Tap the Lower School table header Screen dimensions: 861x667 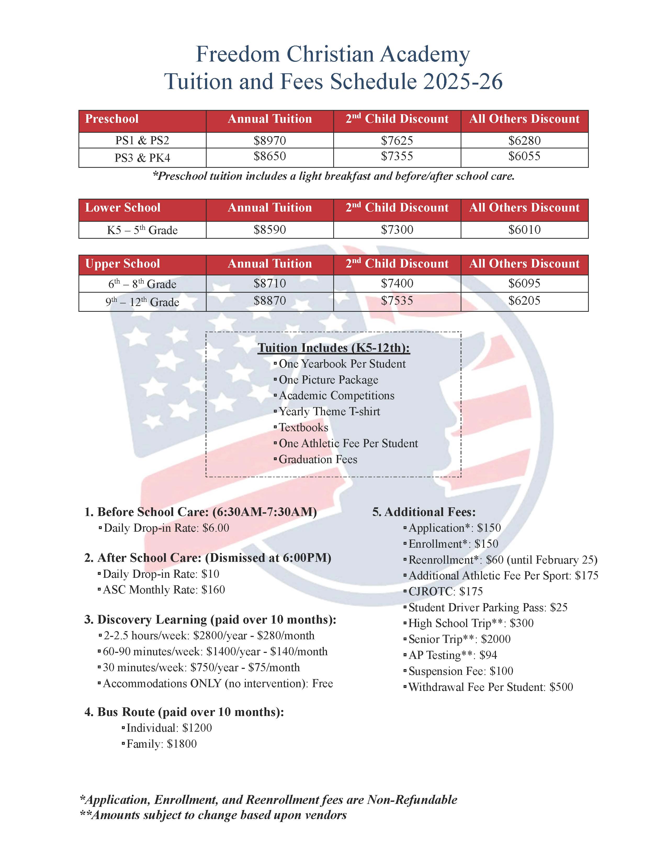[x=123, y=208]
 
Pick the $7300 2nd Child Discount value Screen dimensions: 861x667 [x=397, y=230]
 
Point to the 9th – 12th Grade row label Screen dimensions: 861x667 [x=142, y=302]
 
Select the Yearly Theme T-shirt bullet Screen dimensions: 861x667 [x=329, y=412]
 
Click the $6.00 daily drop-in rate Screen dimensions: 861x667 [x=216, y=528]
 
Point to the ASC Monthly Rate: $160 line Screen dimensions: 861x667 [x=163, y=590]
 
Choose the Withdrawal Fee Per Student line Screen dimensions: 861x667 [x=490, y=687]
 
